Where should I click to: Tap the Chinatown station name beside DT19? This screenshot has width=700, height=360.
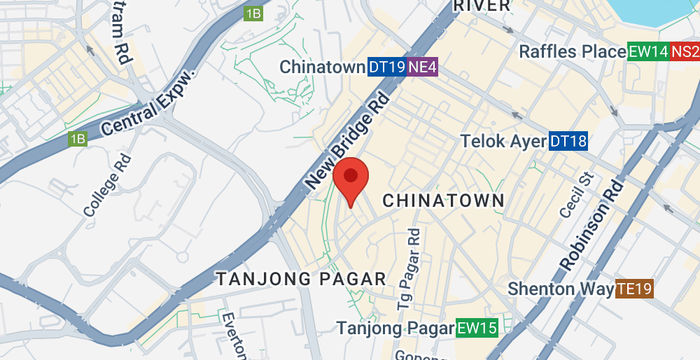322,67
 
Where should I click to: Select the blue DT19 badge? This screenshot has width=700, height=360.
386,67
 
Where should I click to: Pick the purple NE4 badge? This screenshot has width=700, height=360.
423,67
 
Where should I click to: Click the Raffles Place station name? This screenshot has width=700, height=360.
571,51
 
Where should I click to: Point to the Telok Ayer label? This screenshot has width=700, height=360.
502,142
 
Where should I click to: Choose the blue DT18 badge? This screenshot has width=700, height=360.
568,142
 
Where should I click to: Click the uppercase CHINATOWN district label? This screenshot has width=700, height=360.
443,201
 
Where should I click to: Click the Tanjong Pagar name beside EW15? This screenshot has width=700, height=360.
394,328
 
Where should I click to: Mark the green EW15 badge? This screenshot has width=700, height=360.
477,328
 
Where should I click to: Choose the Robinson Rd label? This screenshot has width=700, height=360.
592,225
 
